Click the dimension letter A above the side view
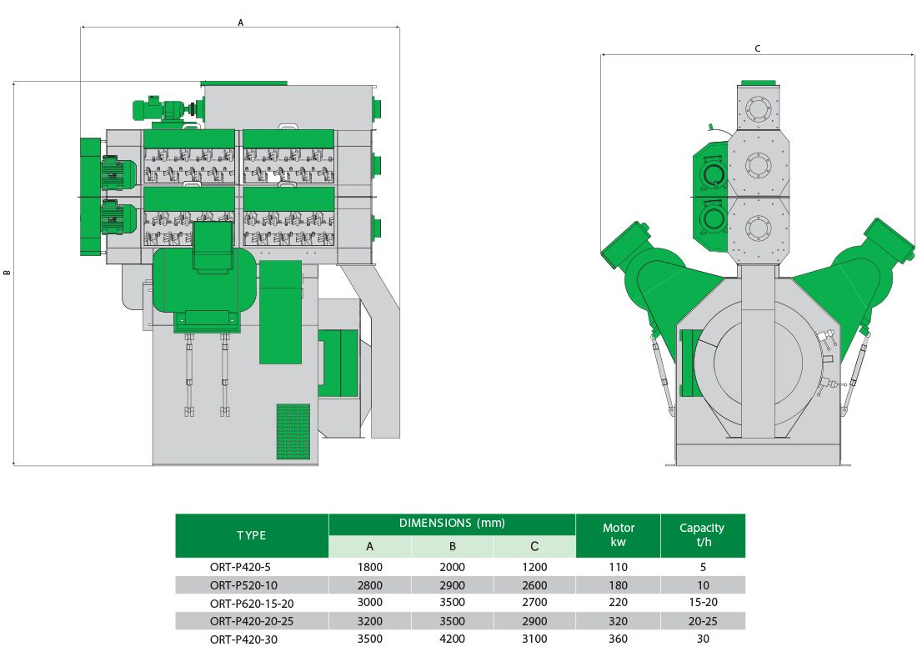(x=240, y=23)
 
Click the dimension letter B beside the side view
(x=7, y=273)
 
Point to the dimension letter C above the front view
(x=757, y=48)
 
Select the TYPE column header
(x=252, y=535)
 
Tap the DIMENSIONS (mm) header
(x=452, y=523)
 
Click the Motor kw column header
(x=619, y=534)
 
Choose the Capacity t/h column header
(x=703, y=534)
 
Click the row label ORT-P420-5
(x=240, y=567)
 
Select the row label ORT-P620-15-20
(x=252, y=604)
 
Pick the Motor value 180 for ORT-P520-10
(x=619, y=585)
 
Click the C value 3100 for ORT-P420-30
(x=534, y=639)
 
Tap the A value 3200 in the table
(x=369, y=621)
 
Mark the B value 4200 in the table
(x=452, y=639)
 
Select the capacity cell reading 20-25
(x=703, y=621)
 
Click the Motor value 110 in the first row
(x=619, y=567)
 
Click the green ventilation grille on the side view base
(x=293, y=431)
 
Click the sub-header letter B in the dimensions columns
(x=452, y=546)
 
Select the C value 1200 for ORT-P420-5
(x=534, y=567)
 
